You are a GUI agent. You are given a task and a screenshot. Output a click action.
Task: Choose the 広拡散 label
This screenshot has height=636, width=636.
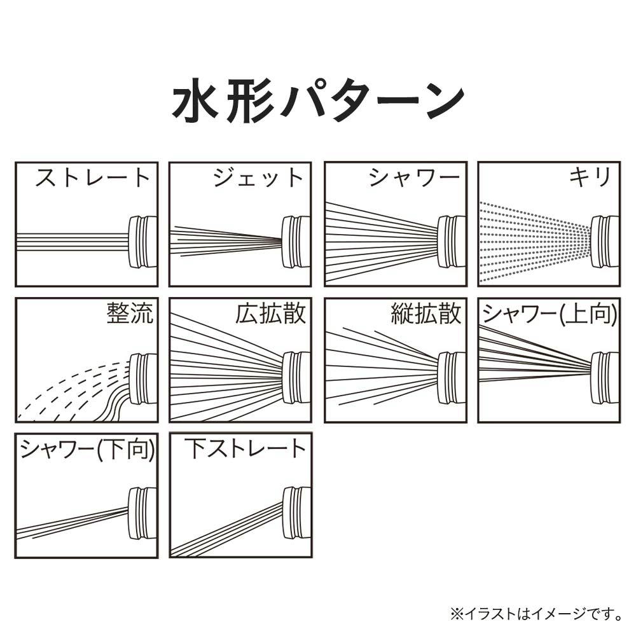pyautogui.click(x=270, y=313)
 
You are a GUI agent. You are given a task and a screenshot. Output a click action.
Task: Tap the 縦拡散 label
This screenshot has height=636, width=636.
pyautogui.click(x=426, y=313)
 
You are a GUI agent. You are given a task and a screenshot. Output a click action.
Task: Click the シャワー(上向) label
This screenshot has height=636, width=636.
pyautogui.click(x=550, y=314)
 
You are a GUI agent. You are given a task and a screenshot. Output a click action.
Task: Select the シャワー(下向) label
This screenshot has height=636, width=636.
pyautogui.click(x=87, y=449)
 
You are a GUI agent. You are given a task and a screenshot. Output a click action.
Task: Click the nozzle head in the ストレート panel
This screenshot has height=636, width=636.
pyautogui.click(x=142, y=242)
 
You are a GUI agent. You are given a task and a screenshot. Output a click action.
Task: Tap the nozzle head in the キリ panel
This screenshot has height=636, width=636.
pyautogui.click(x=605, y=242)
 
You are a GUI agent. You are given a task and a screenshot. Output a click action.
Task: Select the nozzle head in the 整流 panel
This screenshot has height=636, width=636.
pyautogui.click(x=142, y=379)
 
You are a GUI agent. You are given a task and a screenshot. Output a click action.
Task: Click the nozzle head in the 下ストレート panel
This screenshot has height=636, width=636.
pyautogui.click(x=296, y=513)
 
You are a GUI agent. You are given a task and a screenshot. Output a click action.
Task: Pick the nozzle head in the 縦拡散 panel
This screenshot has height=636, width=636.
pyautogui.click(x=452, y=378)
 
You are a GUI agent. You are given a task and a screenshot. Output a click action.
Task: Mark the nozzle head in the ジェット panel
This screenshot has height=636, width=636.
pyautogui.click(x=296, y=242)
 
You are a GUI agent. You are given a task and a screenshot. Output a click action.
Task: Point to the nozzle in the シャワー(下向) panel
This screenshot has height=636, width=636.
pyautogui.click(x=142, y=513)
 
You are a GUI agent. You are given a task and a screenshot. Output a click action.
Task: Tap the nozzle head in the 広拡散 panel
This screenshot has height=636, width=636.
pyautogui.click(x=296, y=378)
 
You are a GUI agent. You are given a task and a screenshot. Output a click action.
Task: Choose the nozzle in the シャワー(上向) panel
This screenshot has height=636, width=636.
pyautogui.click(x=605, y=378)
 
